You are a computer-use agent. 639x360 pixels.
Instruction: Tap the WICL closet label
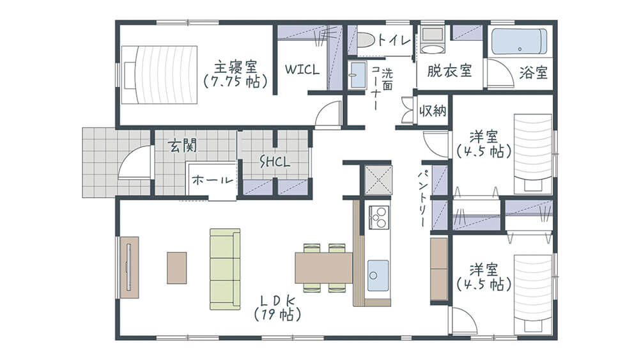point(302,69)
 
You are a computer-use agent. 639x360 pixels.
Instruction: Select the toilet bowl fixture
point(366,40)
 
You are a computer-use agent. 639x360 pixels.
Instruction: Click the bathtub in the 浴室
point(519,42)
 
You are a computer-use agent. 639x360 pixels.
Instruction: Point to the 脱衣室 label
point(449,71)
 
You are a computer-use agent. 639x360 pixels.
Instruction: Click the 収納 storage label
point(433,111)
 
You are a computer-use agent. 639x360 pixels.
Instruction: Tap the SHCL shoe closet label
point(275,162)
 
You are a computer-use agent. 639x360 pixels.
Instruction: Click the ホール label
point(212,180)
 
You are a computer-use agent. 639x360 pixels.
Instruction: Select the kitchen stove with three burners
point(378,217)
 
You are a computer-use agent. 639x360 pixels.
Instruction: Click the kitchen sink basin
point(378,275)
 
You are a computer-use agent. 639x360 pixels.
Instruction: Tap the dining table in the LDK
point(324,267)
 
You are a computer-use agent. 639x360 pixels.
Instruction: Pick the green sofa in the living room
point(225,269)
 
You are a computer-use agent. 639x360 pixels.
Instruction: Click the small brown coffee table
point(177,268)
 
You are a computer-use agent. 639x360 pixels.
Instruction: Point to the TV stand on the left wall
point(129,267)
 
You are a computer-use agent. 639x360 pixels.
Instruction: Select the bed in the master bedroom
point(160,75)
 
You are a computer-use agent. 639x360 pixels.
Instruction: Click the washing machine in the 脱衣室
point(434,40)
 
